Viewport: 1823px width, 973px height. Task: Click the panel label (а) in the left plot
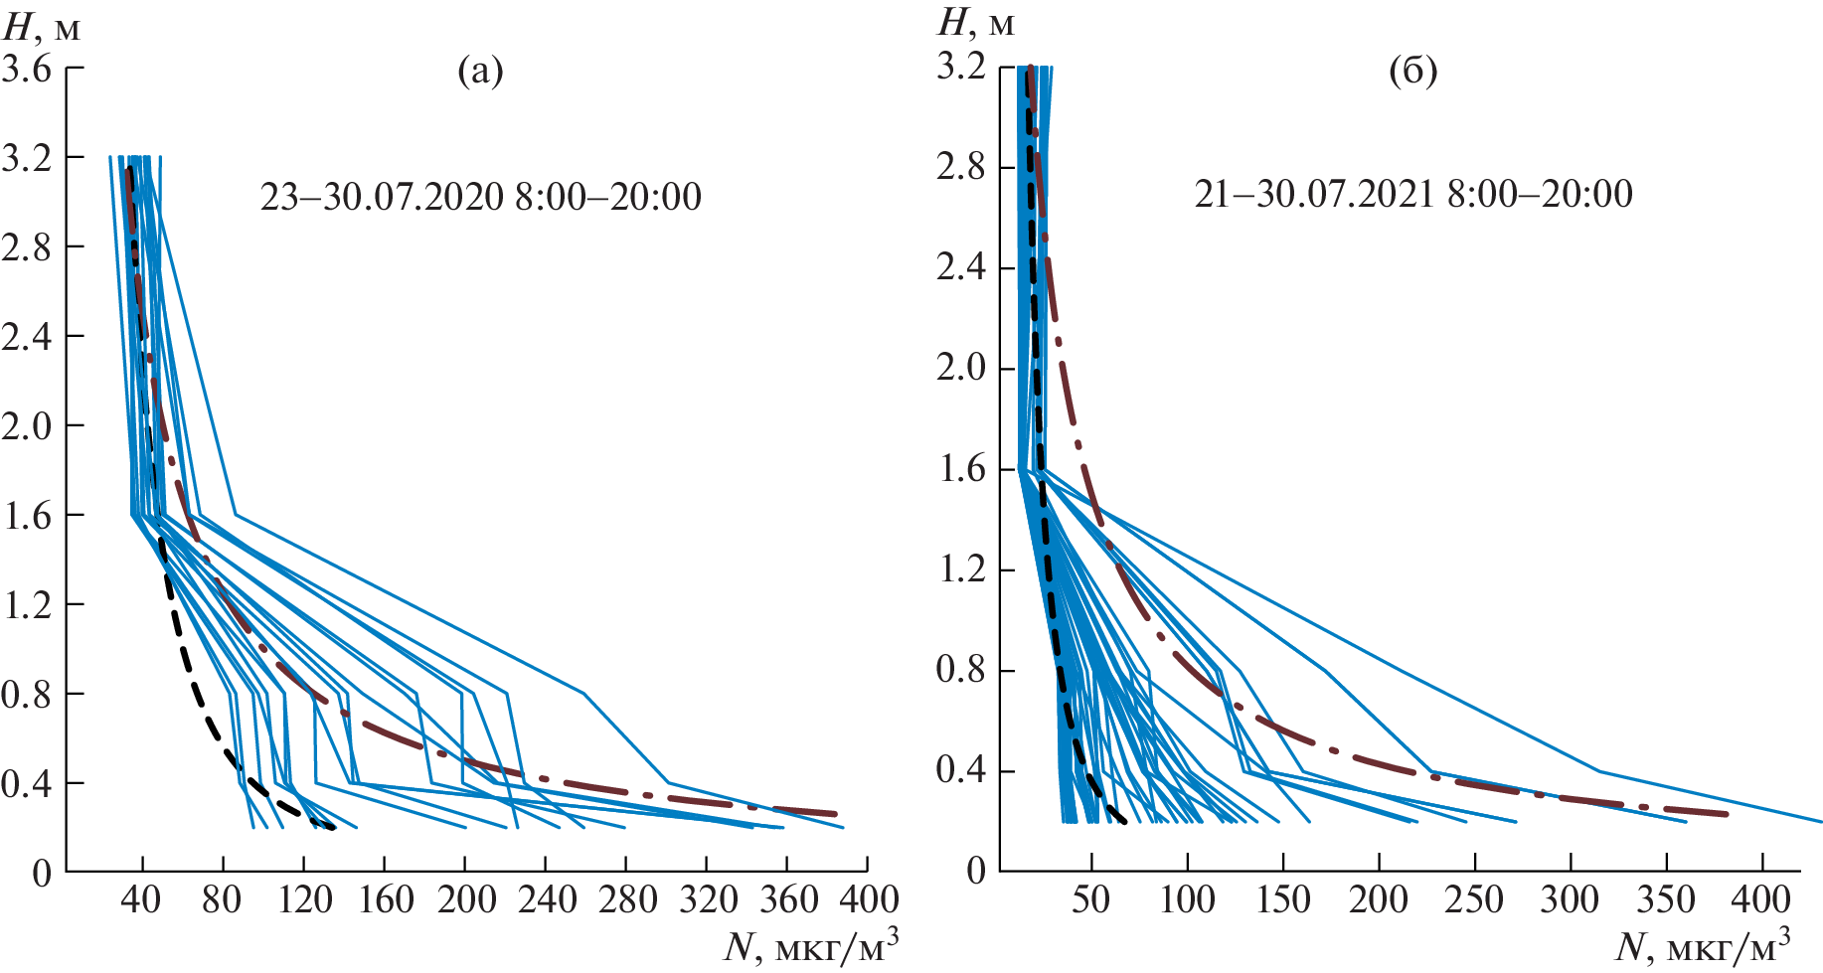[480, 72]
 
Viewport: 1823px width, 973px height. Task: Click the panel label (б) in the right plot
[1413, 72]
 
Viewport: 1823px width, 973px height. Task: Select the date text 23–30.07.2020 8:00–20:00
[481, 197]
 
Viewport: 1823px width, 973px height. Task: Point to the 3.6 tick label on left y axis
[27, 70]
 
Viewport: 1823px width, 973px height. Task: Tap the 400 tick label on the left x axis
[868, 900]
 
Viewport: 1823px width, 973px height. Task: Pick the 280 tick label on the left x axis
[626, 900]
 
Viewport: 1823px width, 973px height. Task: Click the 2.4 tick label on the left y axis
[27, 337]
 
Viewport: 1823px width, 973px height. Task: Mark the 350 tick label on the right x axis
[1665, 900]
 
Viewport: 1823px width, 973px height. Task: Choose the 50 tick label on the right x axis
[1091, 900]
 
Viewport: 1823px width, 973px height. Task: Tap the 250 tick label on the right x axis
[1473, 900]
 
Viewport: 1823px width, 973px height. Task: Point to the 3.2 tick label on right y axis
[961, 67]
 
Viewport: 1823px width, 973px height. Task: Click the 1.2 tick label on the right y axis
[961, 570]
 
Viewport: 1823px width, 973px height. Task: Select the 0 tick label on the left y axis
[41, 874]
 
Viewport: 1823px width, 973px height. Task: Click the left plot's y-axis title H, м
[43, 26]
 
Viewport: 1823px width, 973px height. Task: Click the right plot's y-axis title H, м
[976, 22]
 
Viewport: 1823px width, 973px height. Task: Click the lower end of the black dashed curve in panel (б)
[1124, 822]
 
